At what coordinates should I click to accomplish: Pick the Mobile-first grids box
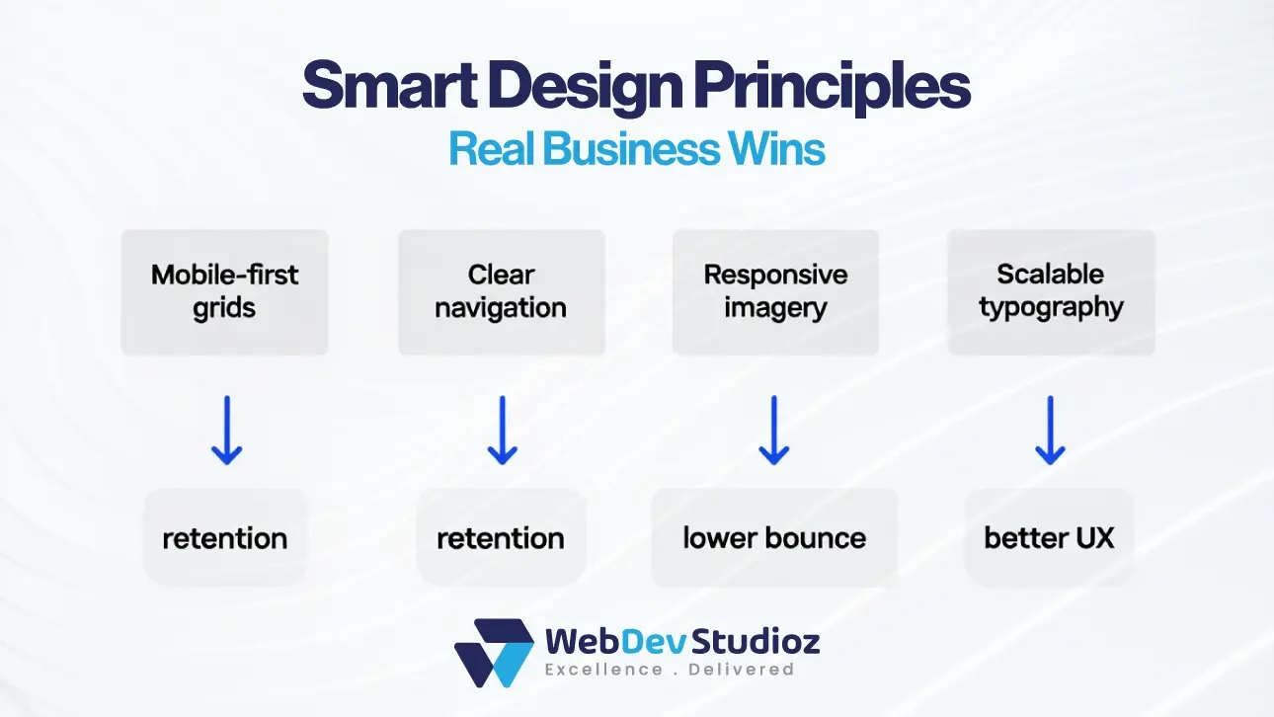[224, 291]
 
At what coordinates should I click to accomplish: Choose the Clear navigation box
[501, 291]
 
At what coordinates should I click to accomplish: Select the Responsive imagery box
[775, 291]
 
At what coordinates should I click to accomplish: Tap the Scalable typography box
[1051, 291]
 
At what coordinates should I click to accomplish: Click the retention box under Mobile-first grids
[225, 538]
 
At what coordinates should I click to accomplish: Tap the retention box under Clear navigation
[501, 538]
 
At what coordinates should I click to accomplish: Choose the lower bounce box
[774, 538]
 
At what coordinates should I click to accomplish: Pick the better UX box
[1049, 538]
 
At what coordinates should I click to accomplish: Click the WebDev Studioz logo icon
[494, 653]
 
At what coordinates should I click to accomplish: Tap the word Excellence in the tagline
[604, 670]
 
